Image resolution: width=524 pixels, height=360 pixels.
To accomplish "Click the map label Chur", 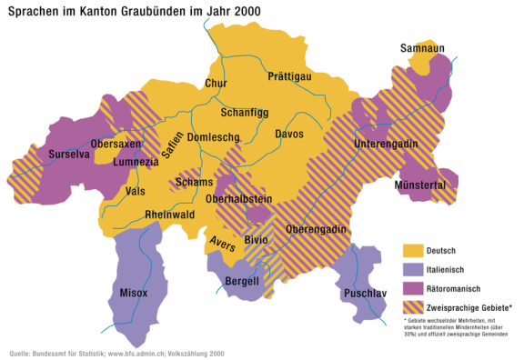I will point(216,84).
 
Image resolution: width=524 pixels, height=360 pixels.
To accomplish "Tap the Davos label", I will point(289,135).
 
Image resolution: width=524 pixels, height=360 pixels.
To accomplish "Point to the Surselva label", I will point(69,155).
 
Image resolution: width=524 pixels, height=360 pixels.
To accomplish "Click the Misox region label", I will point(134,293).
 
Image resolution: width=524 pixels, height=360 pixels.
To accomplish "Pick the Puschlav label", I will point(365,294).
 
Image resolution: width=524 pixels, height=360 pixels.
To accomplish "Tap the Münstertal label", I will point(420,185).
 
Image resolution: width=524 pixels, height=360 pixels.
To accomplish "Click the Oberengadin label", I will point(317,229).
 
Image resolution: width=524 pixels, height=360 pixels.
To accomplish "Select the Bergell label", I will point(243,281).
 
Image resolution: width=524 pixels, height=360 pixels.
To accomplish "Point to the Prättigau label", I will point(290,77).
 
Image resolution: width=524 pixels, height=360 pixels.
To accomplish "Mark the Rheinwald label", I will point(170,215).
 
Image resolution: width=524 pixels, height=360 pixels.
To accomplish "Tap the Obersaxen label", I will point(116,145).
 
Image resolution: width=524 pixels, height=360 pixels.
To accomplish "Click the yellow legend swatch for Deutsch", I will point(414,250).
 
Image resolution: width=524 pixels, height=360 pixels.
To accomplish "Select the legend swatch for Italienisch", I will point(414,269).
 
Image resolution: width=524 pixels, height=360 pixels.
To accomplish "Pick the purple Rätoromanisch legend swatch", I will point(414,288).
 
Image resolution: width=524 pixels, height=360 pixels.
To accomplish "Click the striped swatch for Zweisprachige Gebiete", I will point(414,307).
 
